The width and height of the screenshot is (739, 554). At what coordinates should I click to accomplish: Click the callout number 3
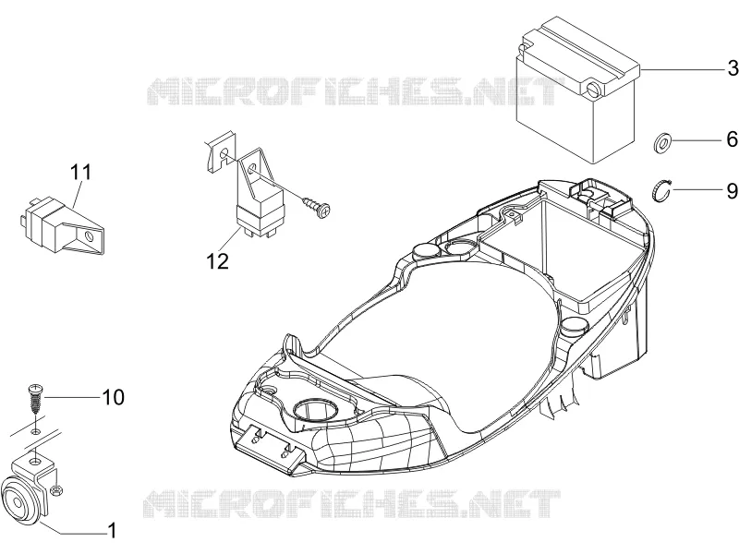733,68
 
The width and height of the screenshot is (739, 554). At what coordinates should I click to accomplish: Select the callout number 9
732,191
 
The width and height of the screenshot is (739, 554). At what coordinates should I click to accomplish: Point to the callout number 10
113,397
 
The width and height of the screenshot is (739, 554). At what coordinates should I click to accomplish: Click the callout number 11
81,172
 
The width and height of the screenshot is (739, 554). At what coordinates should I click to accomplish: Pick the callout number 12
217,261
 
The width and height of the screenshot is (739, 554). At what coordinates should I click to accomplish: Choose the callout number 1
112,530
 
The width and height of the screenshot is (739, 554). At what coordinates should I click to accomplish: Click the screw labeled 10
35,398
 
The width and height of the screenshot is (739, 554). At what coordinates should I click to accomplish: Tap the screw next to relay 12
317,207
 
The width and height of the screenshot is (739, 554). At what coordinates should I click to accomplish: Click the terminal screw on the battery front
593,88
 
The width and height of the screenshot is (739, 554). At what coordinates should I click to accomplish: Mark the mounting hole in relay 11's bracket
89,235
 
